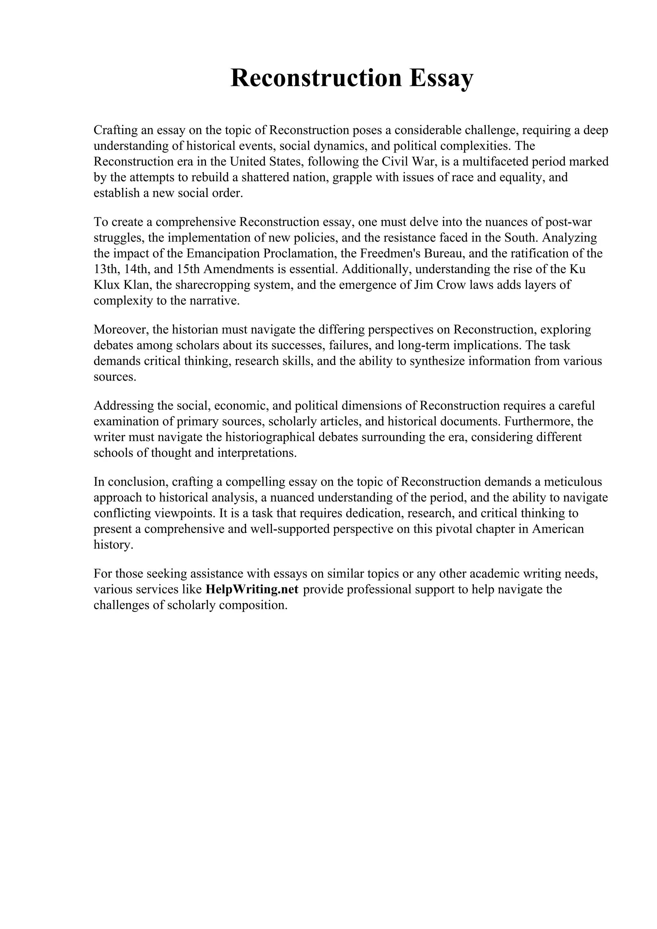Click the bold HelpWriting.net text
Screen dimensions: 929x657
pyautogui.click(x=252, y=589)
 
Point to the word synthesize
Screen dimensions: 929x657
pyautogui.click(x=437, y=361)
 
